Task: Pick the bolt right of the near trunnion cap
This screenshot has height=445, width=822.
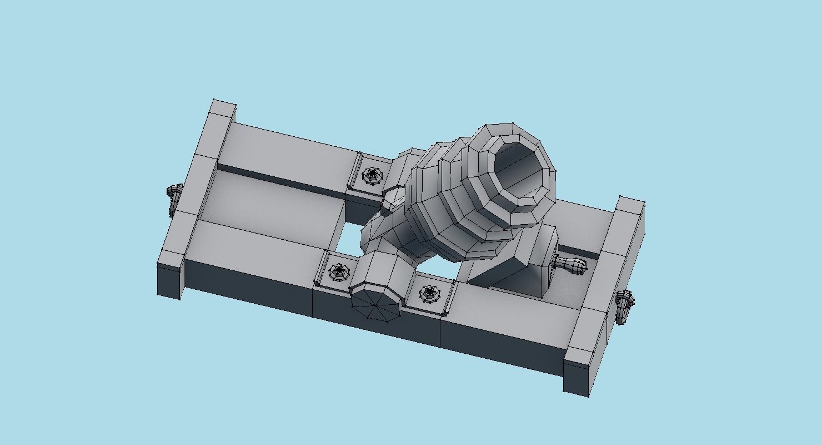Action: (429, 293)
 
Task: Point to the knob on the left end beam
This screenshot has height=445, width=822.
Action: (174, 198)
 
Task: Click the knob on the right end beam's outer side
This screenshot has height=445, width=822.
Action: (625, 305)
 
